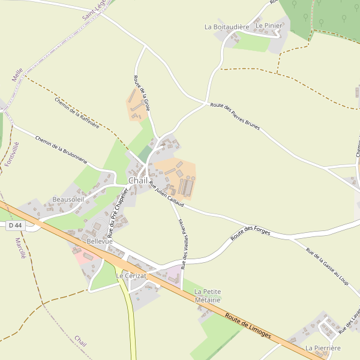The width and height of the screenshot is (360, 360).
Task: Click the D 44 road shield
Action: tap(15, 225)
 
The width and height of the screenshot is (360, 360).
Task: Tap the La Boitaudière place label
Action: tap(226, 27)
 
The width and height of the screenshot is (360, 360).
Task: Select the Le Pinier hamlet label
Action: tap(268, 26)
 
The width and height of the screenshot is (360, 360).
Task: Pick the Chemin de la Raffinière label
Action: tap(77, 113)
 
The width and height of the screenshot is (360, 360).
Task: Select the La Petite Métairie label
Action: tap(208, 295)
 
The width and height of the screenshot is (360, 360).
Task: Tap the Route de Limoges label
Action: tap(248, 325)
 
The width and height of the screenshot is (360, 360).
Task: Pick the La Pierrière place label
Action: tap(323, 348)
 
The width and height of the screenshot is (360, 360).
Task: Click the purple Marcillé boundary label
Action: tap(19, 248)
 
